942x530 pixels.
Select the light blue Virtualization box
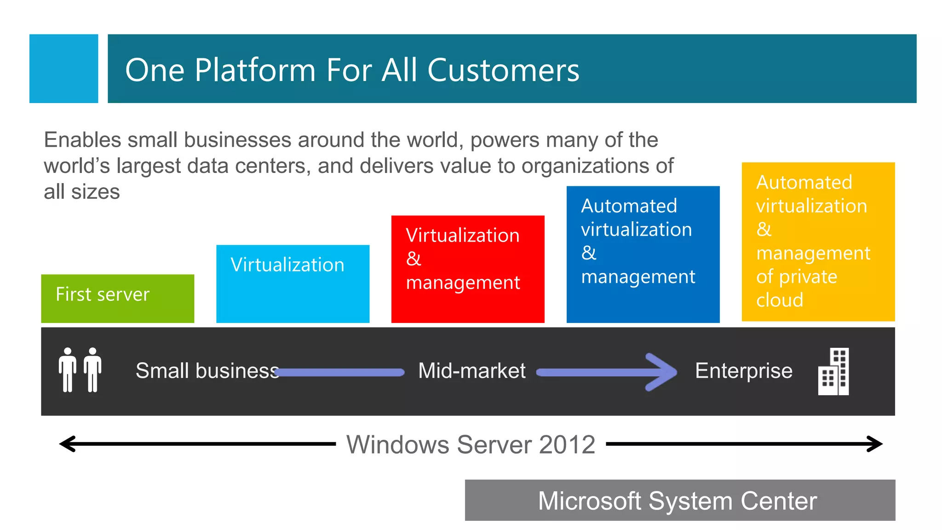293,283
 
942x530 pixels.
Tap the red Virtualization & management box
467,269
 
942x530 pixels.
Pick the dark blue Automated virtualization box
643,254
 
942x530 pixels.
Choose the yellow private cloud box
818,242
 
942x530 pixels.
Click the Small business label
207,371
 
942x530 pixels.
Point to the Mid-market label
471,371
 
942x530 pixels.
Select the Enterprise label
743,371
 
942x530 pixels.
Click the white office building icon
833,371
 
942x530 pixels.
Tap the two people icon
80,370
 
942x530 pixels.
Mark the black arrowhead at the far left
68,444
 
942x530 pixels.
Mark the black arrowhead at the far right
874,444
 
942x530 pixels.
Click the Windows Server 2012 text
471,444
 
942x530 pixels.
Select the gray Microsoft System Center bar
680,500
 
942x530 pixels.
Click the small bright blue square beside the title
63,69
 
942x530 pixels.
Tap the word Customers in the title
503,70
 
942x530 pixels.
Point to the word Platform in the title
255,70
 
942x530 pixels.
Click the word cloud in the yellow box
780,300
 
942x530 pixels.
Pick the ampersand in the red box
414,259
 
